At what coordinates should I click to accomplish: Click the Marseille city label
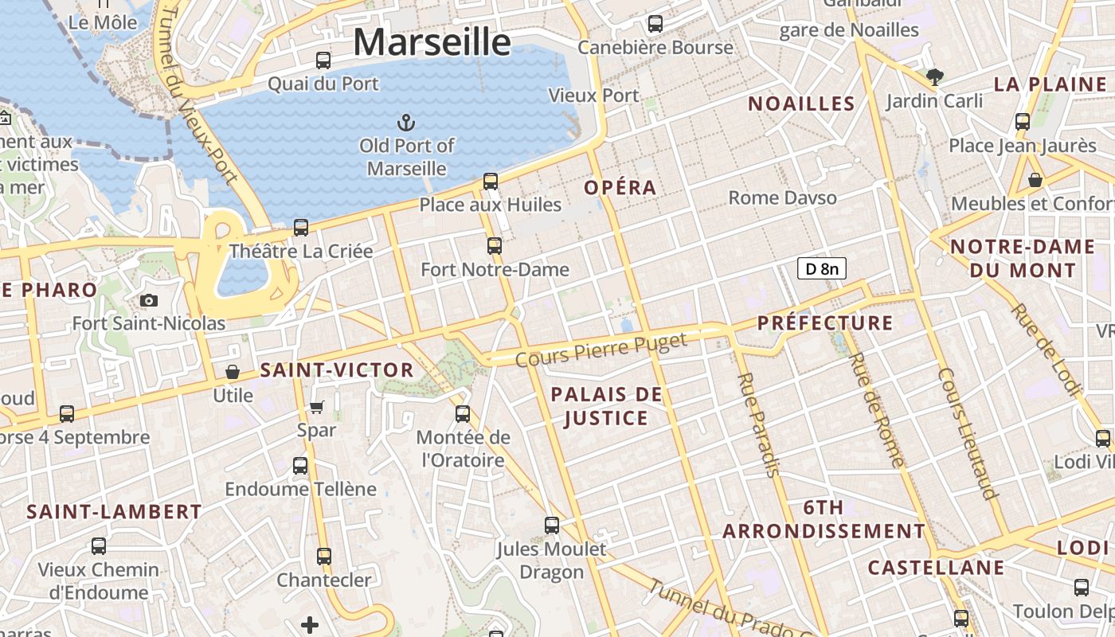click(432, 41)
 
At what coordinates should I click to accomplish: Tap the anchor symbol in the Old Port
click(406, 123)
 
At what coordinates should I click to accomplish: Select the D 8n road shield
click(821, 268)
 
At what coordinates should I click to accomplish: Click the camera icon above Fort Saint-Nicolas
click(149, 300)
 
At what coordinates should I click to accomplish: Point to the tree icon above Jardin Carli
click(935, 77)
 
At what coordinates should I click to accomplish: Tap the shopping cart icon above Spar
click(316, 408)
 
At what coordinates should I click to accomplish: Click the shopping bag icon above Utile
click(233, 372)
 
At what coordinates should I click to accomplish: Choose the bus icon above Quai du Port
click(323, 60)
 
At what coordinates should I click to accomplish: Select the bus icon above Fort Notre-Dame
click(495, 245)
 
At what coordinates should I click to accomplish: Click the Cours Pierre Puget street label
click(601, 350)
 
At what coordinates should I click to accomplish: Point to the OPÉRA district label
click(620, 188)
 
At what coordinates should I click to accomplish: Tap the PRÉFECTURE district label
click(825, 322)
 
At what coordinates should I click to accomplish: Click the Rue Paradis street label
click(757, 424)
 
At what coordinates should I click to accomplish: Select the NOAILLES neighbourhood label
click(801, 104)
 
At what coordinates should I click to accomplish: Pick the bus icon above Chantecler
click(323, 556)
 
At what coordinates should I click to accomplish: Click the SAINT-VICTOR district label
click(337, 369)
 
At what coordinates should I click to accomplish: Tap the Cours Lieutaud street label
click(968, 433)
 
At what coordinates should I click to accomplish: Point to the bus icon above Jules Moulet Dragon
click(552, 525)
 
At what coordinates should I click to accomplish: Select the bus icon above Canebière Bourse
click(655, 24)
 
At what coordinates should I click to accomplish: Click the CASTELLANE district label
click(936, 568)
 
